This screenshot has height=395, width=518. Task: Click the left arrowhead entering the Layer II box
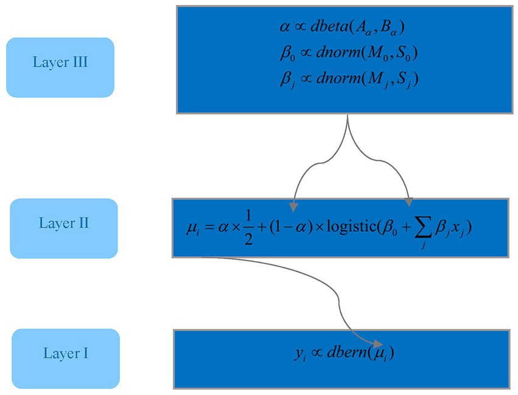click(x=295, y=203)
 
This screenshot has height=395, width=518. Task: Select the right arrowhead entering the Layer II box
click(x=408, y=203)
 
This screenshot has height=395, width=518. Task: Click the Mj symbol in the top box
click(x=369, y=80)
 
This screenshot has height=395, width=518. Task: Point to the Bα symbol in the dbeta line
click(x=394, y=28)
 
